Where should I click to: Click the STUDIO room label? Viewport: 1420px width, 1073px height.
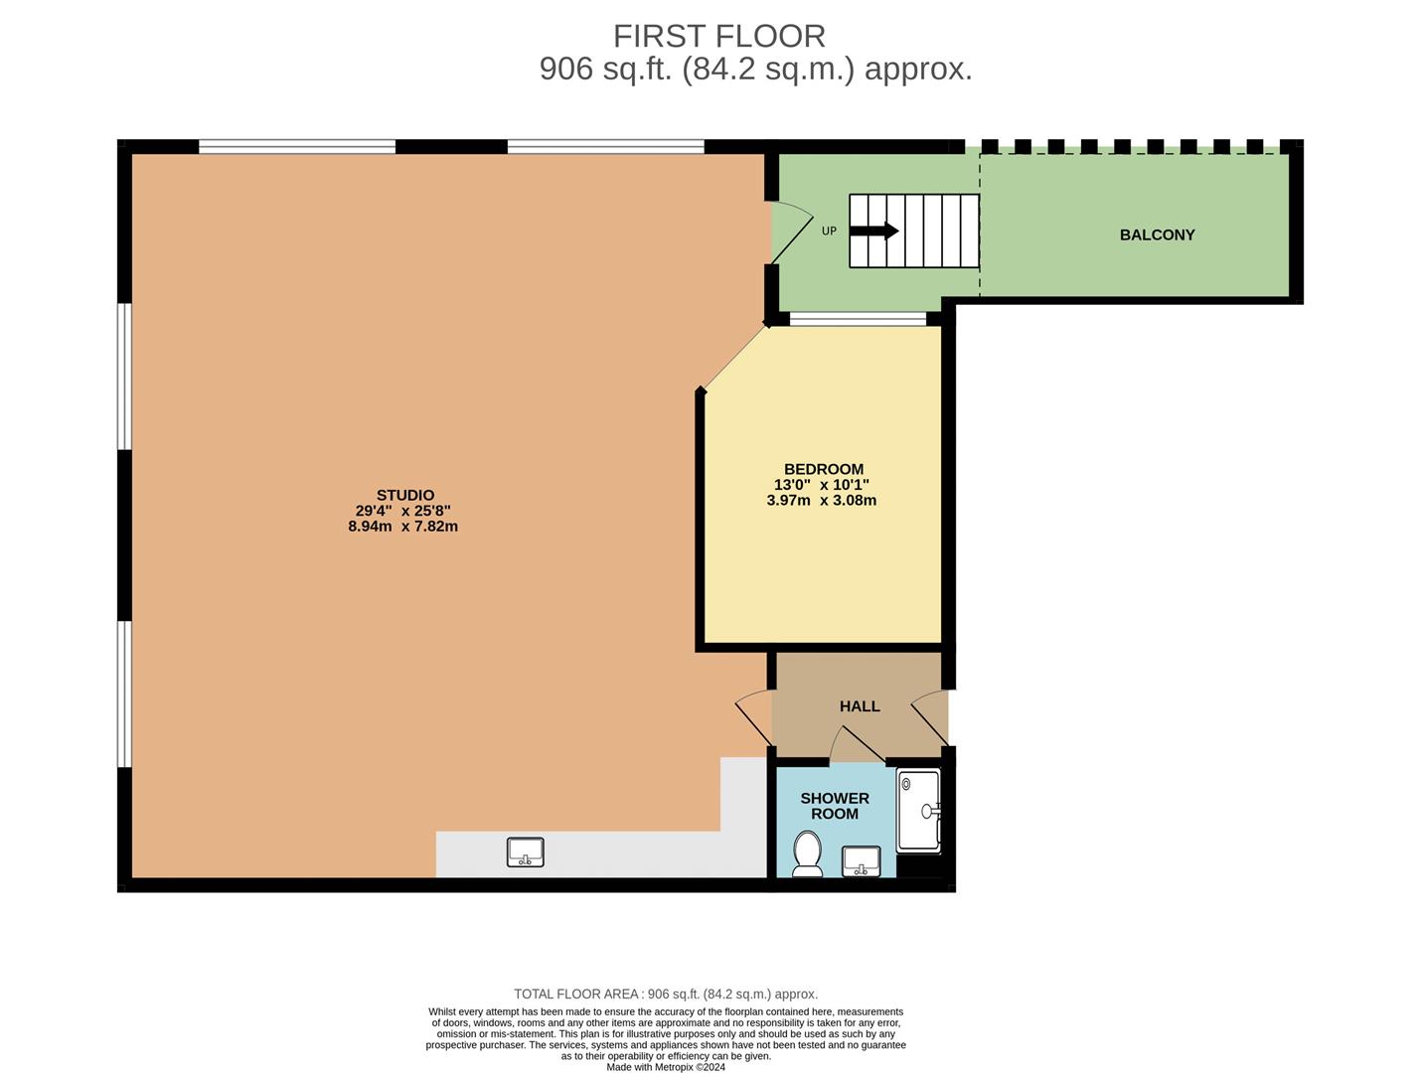point(404,495)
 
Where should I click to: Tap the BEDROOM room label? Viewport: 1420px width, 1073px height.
point(823,469)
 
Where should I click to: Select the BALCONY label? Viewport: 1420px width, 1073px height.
point(1157,235)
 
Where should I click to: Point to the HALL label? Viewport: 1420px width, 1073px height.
point(860,706)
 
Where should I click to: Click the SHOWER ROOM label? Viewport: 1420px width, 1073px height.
point(835,806)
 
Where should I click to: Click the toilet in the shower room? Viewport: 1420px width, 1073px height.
point(807,854)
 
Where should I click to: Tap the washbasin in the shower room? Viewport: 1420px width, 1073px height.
point(861,860)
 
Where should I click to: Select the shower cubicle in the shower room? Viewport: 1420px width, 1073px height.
point(918,811)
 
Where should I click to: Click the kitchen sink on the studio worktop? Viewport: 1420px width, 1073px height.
point(526,852)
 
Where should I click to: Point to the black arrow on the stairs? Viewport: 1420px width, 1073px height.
point(873,231)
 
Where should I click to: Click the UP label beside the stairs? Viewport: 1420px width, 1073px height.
point(829,231)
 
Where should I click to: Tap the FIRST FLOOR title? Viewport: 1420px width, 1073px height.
point(718,37)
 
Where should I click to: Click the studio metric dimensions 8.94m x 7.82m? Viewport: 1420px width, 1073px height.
point(402,527)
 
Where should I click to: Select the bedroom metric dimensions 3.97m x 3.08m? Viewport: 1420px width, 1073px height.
point(821,501)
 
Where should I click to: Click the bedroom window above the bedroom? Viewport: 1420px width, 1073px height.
point(858,319)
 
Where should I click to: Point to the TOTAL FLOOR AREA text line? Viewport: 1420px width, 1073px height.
point(666,994)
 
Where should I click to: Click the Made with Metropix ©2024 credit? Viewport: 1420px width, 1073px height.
point(666,1067)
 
